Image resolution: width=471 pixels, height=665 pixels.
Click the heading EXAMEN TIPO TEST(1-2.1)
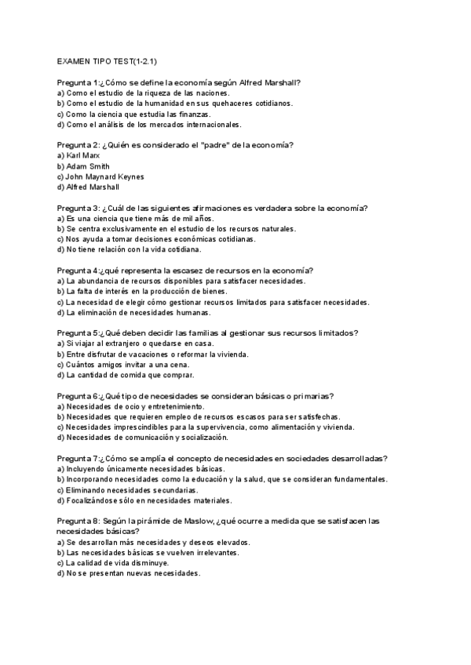pyautogui.click(x=111, y=61)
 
